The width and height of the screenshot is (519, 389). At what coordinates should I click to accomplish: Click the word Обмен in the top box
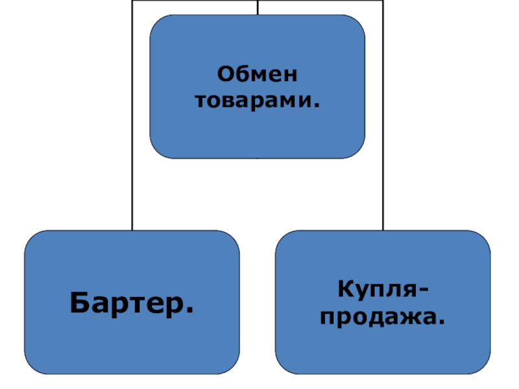[258, 75]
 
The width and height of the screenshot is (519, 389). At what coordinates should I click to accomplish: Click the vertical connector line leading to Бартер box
[132, 162]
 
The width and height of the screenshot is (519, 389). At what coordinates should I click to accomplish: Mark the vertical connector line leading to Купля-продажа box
[383, 162]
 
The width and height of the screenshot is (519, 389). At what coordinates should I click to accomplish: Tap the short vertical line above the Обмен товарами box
[258, 7]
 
